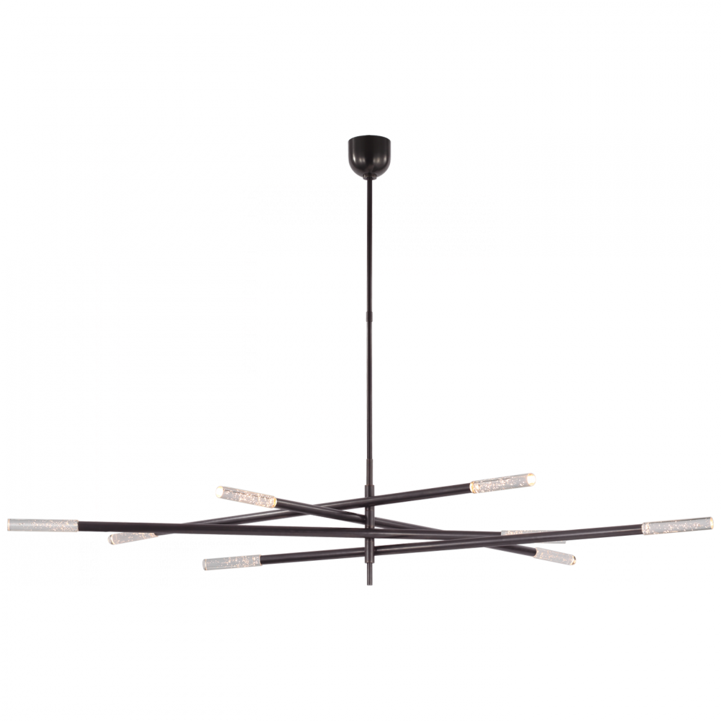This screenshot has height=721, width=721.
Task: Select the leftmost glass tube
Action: pos(40,523)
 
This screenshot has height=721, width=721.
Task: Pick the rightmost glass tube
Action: pos(675,526)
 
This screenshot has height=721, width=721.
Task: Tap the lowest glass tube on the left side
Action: pos(232,559)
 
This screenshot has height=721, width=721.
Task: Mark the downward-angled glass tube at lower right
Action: pos(552,554)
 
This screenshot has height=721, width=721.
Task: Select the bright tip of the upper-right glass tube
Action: pos(529,479)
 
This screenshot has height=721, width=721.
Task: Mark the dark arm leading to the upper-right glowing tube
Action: pos(425,497)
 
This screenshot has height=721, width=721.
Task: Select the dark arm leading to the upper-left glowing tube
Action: pos(317,507)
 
